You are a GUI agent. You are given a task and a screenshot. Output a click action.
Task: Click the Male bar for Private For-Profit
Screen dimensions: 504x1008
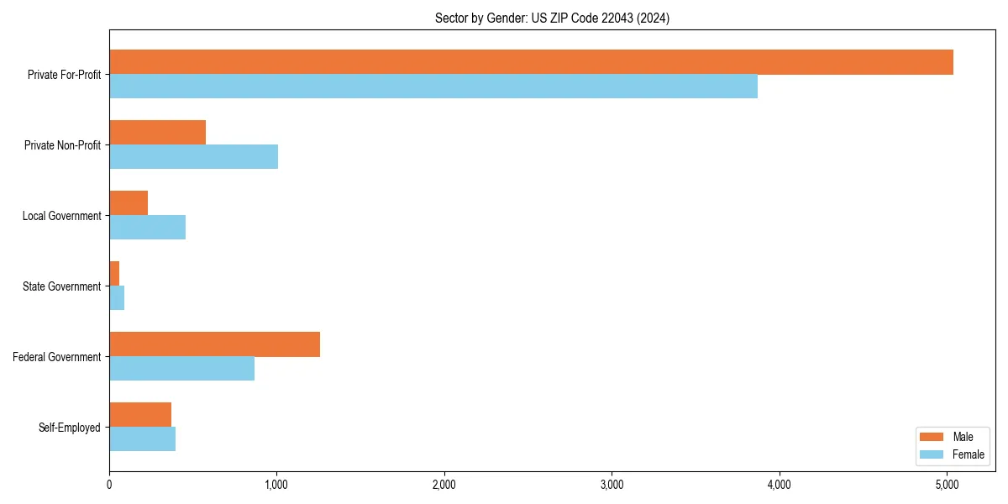(531, 62)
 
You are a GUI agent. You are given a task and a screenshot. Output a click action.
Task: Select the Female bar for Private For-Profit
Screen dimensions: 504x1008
(433, 87)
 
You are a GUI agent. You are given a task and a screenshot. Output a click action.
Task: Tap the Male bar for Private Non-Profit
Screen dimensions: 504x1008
(158, 133)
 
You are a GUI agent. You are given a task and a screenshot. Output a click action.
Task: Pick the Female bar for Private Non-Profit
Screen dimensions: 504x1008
(193, 157)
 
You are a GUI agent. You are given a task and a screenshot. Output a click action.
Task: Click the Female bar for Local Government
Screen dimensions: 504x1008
(147, 228)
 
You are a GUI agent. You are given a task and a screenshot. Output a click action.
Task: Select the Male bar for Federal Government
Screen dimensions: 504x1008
(214, 344)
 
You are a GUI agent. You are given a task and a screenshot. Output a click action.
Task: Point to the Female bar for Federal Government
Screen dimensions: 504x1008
(181, 369)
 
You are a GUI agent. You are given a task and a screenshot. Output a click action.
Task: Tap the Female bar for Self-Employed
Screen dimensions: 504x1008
(142, 439)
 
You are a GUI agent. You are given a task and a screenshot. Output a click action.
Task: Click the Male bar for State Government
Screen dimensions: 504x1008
(114, 274)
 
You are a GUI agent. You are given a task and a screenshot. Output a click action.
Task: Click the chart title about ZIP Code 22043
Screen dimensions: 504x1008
(552, 18)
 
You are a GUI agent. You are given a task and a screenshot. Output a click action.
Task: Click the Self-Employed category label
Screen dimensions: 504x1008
(70, 428)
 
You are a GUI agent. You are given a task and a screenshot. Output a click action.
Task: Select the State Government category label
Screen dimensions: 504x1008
(62, 286)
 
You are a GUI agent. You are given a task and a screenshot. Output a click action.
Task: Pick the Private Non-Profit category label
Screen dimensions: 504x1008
(63, 145)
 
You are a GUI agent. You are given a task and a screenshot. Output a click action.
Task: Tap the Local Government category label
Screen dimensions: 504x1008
(62, 216)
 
